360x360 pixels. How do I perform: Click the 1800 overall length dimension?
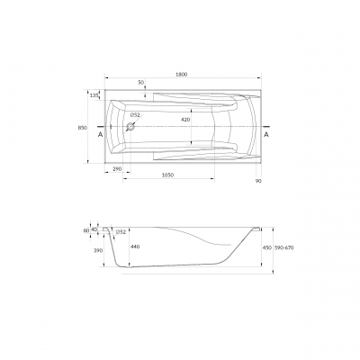pos(182,75)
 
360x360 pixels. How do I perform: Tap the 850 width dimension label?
pos(83,128)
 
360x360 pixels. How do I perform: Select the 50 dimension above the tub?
pos(141,83)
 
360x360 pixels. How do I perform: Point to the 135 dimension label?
pos(94,95)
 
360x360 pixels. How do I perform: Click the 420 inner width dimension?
pos(185,120)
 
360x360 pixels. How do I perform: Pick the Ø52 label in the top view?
pos(135,114)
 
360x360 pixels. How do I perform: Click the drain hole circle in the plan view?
pos(130,127)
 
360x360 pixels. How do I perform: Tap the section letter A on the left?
pos(100,135)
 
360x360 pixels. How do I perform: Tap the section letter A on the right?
pos(266,135)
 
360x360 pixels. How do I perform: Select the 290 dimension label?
pos(118,169)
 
